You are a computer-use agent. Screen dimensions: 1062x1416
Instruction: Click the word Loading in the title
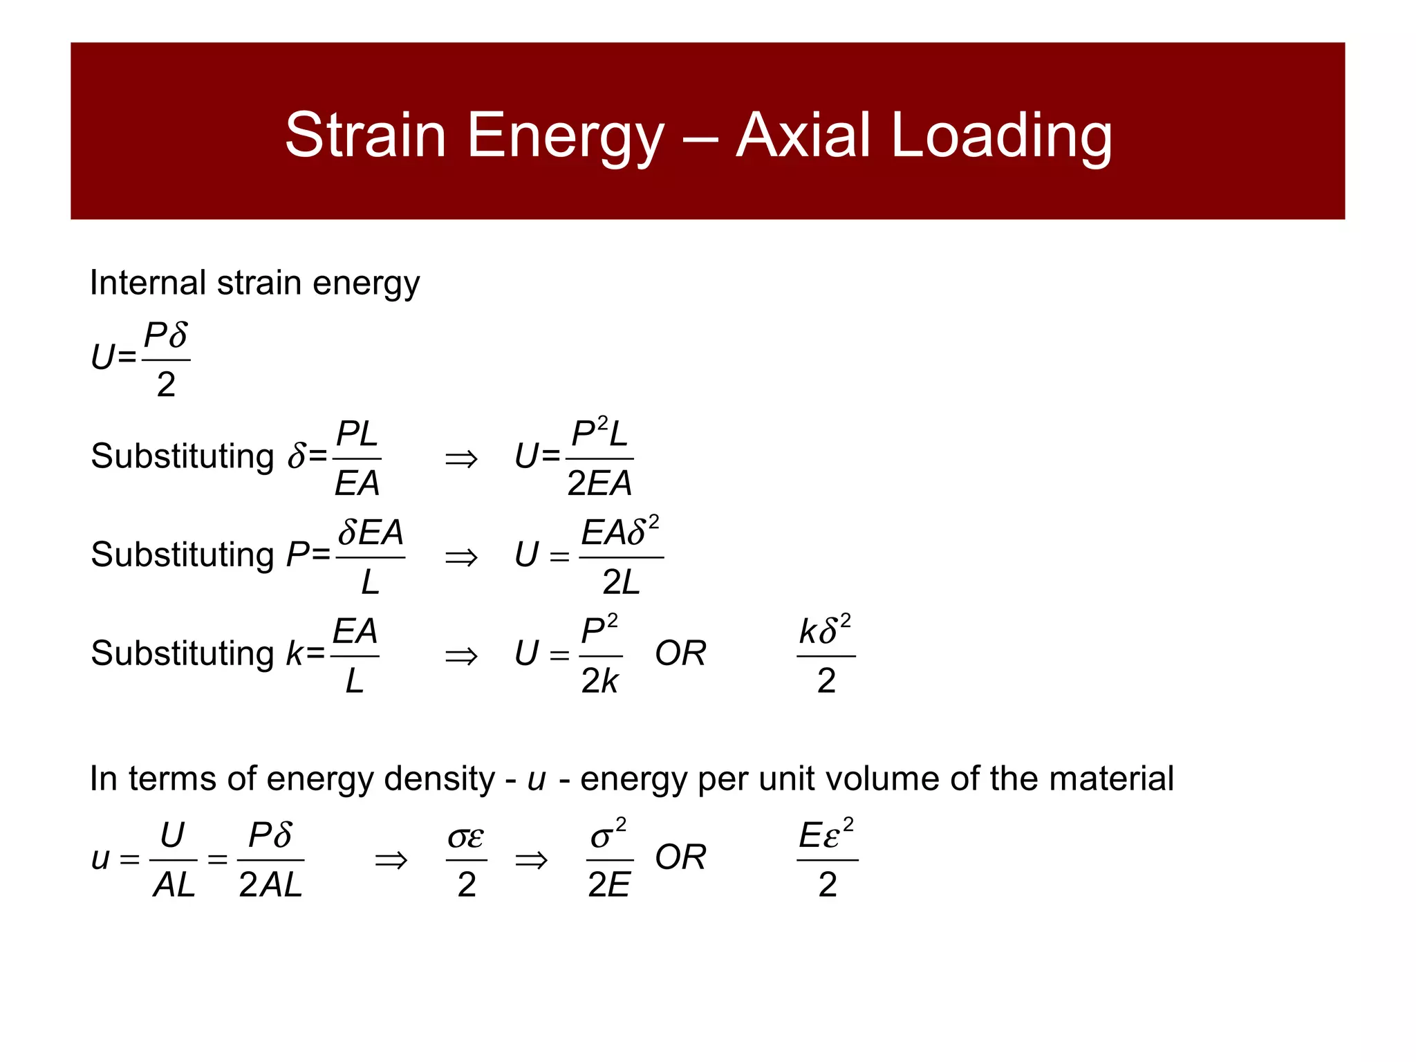coord(1002,137)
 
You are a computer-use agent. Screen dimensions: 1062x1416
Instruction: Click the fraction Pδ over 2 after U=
coord(166,360)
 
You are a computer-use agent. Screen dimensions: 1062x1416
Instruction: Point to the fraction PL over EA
coord(357,458)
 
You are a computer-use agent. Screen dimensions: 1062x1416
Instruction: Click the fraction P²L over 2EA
coord(599,458)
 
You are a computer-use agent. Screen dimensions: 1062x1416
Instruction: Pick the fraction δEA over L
coord(371,557)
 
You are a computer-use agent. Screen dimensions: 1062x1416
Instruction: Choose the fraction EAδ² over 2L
coord(621,557)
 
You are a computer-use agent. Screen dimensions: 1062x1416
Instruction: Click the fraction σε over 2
coord(466,860)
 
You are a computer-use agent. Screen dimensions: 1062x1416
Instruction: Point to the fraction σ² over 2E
coord(609,860)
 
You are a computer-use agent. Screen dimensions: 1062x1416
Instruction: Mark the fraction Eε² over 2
coord(827,860)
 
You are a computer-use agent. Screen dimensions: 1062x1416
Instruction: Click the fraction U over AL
coord(173,860)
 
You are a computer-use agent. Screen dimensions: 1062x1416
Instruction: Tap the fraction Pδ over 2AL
coord(270,860)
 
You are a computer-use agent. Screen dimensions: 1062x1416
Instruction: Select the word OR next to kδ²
coord(680,654)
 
